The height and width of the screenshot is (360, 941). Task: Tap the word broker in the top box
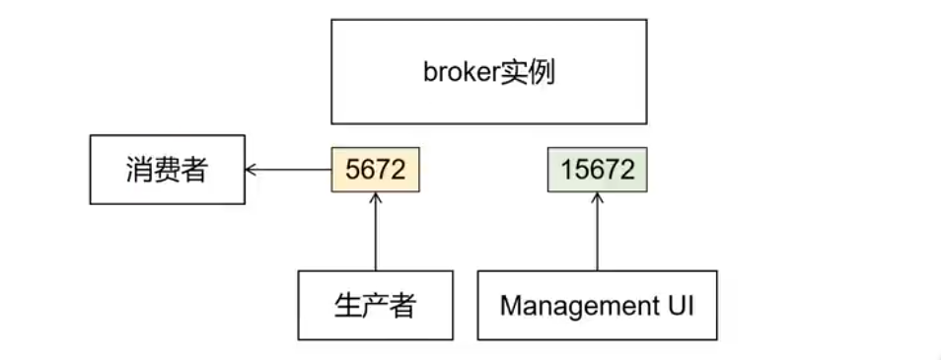pos(462,72)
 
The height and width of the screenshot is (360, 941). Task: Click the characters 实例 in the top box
pos(529,72)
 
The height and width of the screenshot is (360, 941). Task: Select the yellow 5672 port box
pos(376,170)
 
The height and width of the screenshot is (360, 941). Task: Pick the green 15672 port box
pos(598,170)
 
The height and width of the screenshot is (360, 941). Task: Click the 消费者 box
pos(167,170)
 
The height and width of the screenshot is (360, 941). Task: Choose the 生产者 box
pos(376,306)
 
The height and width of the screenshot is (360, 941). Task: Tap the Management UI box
pos(598,306)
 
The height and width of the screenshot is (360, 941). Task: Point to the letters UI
pos(676,306)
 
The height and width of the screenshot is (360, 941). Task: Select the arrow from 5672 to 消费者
pos(291,170)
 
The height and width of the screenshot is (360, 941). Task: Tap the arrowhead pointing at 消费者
pos(252,170)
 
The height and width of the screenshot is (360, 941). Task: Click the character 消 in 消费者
pos(139,170)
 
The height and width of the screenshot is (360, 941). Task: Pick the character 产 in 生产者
pos(376,306)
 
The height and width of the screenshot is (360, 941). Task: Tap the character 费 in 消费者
pos(167,170)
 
